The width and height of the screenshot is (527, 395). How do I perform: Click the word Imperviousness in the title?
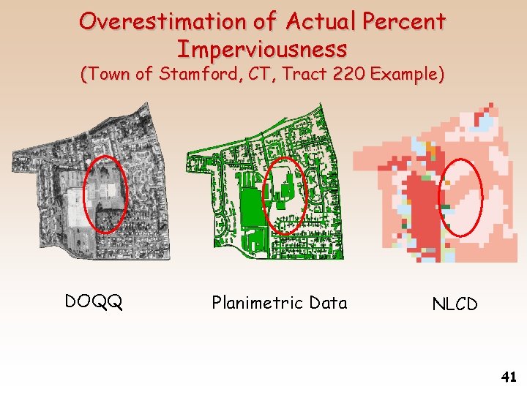[x=262, y=49]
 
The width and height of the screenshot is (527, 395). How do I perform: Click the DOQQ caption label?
[x=93, y=301]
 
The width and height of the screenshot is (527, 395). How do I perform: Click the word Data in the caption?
[x=328, y=302]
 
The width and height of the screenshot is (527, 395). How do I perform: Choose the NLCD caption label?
[x=455, y=304]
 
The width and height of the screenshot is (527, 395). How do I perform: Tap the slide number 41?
[x=509, y=377]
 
